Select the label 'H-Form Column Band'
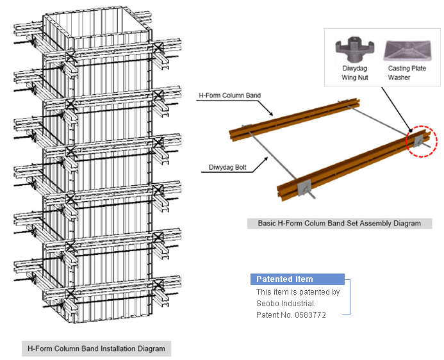(230, 95)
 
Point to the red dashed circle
(421, 140)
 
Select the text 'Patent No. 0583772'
(291, 315)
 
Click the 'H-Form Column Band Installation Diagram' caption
(96, 349)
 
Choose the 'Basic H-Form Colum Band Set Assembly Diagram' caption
(340, 224)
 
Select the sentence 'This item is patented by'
(297, 291)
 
